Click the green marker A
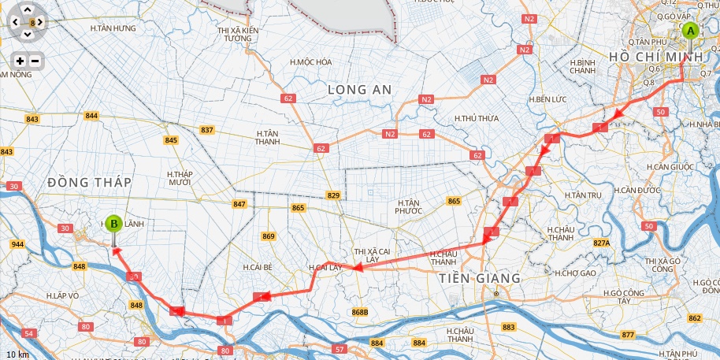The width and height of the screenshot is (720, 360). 690,32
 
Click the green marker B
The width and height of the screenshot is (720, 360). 114,224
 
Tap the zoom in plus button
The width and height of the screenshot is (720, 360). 20,61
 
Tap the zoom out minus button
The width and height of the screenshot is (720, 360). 35,61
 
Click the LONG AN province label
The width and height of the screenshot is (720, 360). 359,90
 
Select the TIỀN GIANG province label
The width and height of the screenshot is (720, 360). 480,278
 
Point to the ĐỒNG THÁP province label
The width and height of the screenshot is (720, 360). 89,182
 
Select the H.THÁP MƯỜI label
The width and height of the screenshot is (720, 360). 180,177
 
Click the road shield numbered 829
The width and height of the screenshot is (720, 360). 333,195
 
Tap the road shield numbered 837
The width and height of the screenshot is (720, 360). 207,130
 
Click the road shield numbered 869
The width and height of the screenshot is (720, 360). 269,236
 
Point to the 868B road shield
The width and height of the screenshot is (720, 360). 360,313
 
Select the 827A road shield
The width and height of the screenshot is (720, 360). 602,243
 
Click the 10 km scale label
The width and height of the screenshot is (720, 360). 17,354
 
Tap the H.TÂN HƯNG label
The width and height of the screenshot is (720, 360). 113,28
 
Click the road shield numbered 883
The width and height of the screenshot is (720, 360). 508,327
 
